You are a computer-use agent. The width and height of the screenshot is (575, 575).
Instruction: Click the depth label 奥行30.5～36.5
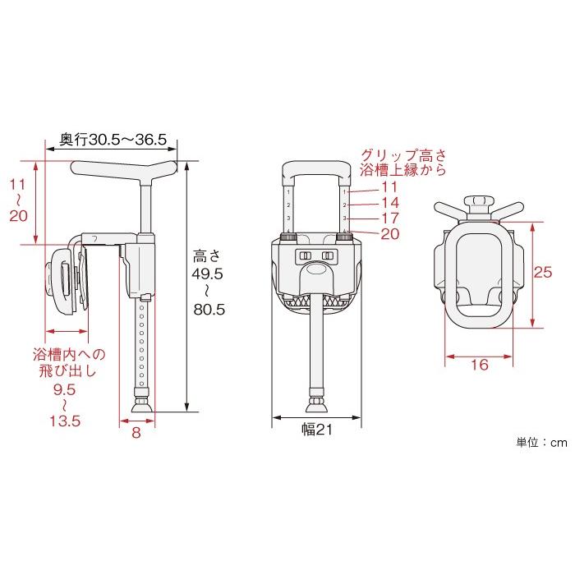[x=113, y=140]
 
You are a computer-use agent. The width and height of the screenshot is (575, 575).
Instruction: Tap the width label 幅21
[x=317, y=430]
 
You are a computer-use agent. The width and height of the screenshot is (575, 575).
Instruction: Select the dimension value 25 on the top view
[x=543, y=272]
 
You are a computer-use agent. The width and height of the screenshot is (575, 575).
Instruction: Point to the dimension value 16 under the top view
[x=479, y=365]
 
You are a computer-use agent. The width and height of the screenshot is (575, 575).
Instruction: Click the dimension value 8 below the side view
[x=136, y=433]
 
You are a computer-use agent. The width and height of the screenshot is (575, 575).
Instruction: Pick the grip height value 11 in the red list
[x=389, y=187]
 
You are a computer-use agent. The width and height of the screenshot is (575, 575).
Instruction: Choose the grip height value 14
[x=390, y=202]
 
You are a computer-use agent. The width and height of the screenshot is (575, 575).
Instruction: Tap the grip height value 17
[x=390, y=218]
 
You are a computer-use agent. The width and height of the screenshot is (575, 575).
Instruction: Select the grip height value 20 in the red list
[x=390, y=233]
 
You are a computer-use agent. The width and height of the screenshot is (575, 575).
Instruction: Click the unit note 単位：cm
[x=541, y=443]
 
